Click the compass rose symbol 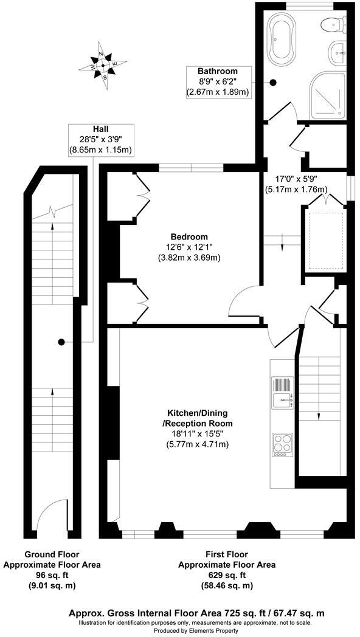(105, 64)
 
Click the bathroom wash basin (336, 53)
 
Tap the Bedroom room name (189, 236)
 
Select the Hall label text (101, 129)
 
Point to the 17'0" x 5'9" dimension (296, 179)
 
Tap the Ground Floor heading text (52, 554)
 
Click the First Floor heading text (226, 554)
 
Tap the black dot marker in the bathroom (273, 82)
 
